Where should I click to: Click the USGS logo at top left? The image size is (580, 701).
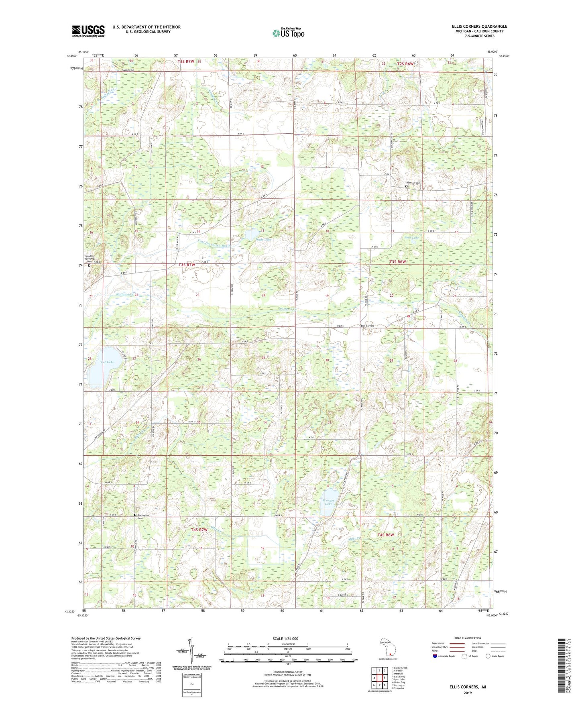point(88,31)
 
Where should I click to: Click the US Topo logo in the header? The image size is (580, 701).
point(288,33)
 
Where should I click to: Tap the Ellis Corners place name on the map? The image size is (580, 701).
point(367,326)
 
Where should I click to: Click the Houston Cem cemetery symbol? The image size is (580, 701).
point(406,186)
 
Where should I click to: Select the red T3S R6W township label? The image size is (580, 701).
point(397,262)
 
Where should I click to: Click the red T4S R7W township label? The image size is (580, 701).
point(199,530)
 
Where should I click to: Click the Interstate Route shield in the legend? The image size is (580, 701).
point(435,656)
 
